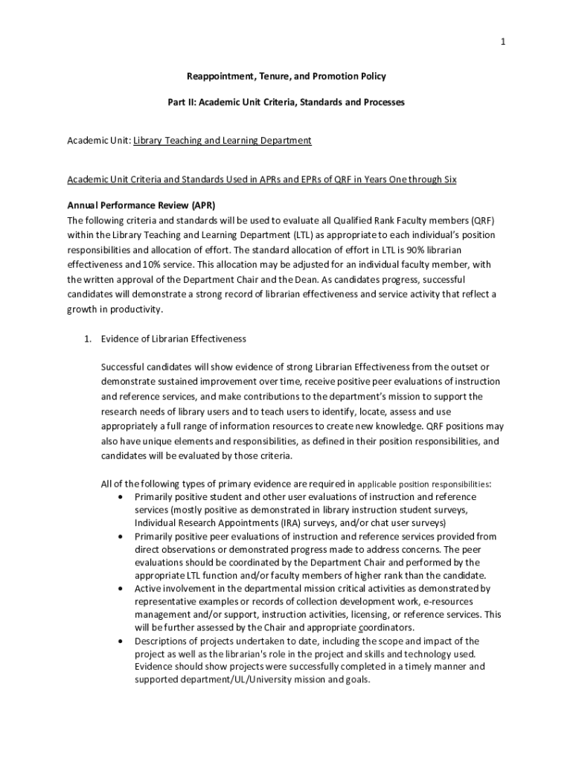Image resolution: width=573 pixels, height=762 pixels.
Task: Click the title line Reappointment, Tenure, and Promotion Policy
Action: tap(286, 76)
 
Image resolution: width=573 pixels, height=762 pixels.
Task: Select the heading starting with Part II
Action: tap(286, 102)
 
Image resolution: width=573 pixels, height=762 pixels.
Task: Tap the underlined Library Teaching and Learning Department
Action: tap(222, 140)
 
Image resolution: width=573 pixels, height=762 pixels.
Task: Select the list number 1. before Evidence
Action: tap(86, 339)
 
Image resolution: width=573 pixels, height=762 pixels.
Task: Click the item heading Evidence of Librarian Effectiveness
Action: tap(173, 339)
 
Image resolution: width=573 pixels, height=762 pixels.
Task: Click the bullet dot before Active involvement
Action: tap(121, 589)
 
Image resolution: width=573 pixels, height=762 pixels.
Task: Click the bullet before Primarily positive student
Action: tap(121, 496)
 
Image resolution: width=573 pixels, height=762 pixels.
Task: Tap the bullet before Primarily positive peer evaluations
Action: tap(121, 537)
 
